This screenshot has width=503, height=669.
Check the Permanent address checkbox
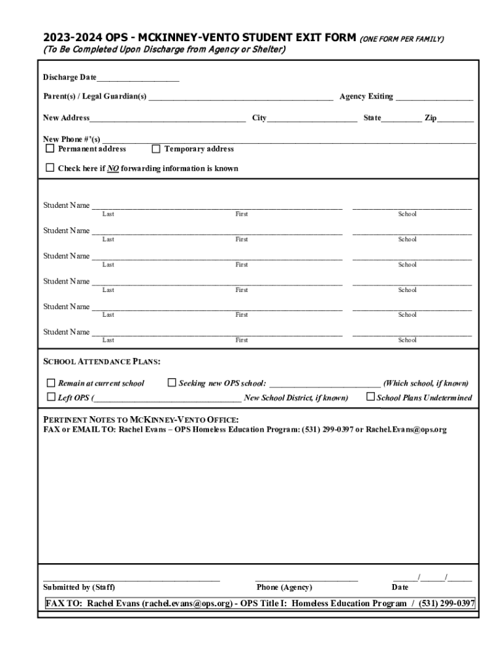click(50, 148)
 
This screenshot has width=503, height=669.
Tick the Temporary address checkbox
click(155, 148)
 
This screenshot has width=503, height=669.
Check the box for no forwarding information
click(50, 168)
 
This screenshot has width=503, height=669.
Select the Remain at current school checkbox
click(50, 383)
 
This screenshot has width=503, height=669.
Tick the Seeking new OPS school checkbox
click(172, 383)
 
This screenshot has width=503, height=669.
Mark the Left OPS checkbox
click(50, 397)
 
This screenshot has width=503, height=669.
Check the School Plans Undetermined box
click(370, 397)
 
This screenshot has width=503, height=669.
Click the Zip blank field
click(455, 120)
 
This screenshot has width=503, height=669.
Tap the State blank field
click(401, 120)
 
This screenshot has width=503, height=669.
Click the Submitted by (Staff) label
click(79, 587)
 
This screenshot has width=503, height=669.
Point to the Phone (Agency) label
click(284, 587)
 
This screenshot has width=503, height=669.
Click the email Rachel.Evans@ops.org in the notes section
click(406, 430)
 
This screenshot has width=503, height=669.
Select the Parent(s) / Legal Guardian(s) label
click(95, 97)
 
